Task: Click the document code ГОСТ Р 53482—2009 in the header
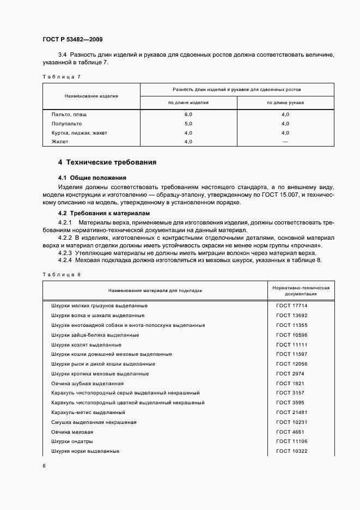click(x=72, y=40)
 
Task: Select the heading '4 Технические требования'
click(x=107, y=162)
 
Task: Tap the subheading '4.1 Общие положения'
click(x=92, y=178)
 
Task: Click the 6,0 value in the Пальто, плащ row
click(x=188, y=114)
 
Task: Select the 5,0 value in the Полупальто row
click(x=188, y=124)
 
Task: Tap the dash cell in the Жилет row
click(x=285, y=142)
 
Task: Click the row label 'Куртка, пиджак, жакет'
click(x=79, y=132)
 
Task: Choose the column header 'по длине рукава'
click(x=285, y=102)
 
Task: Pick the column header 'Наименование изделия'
click(x=91, y=95)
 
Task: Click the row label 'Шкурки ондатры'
click(x=72, y=441)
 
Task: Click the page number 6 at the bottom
click(x=44, y=466)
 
